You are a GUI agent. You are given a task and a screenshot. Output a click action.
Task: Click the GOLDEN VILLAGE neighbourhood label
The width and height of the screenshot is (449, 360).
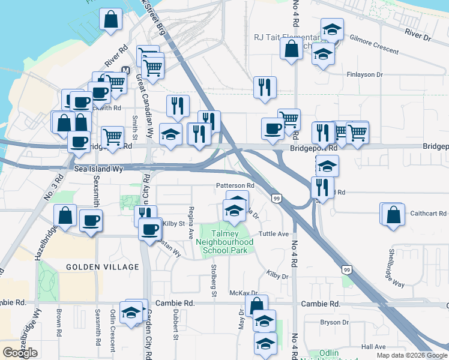pyautogui.click(x=94, y=266)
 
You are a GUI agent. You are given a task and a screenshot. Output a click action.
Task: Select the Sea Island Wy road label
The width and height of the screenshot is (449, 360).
pyautogui.click(x=98, y=170)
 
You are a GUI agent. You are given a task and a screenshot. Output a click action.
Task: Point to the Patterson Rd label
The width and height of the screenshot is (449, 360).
pyautogui.click(x=235, y=186)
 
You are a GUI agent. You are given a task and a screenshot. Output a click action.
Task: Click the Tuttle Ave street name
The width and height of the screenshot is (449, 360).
pyautogui.click(x=274, y=233)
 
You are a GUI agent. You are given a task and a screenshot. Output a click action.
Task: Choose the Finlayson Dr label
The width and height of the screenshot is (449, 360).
pyautogui.click(x=364, y=75)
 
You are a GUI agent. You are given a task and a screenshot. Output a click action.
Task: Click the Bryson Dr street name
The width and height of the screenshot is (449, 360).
pyautogui.click(x=330, y=322)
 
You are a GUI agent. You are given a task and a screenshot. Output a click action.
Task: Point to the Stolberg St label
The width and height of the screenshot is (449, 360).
pyautogui.click(x=213, y=281)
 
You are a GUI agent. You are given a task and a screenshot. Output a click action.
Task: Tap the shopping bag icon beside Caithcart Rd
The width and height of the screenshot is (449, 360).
pyautogui.click(x=393, y=215)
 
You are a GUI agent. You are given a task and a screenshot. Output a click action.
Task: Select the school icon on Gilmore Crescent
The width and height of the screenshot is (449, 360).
pyautogui.click(x=331, y=29)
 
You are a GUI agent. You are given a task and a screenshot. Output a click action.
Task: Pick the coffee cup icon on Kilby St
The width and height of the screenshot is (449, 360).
pyautogui.click(x=150, y=229)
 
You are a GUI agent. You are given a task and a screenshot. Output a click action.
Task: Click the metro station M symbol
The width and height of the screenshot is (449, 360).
pyautogui.click(x=125, y=70)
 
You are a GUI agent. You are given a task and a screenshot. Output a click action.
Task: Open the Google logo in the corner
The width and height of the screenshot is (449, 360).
pyautogui.click(x=20, y=353)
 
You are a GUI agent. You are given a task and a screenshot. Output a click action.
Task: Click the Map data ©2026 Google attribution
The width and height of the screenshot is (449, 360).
pyautogui.click(x=412, y=355)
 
